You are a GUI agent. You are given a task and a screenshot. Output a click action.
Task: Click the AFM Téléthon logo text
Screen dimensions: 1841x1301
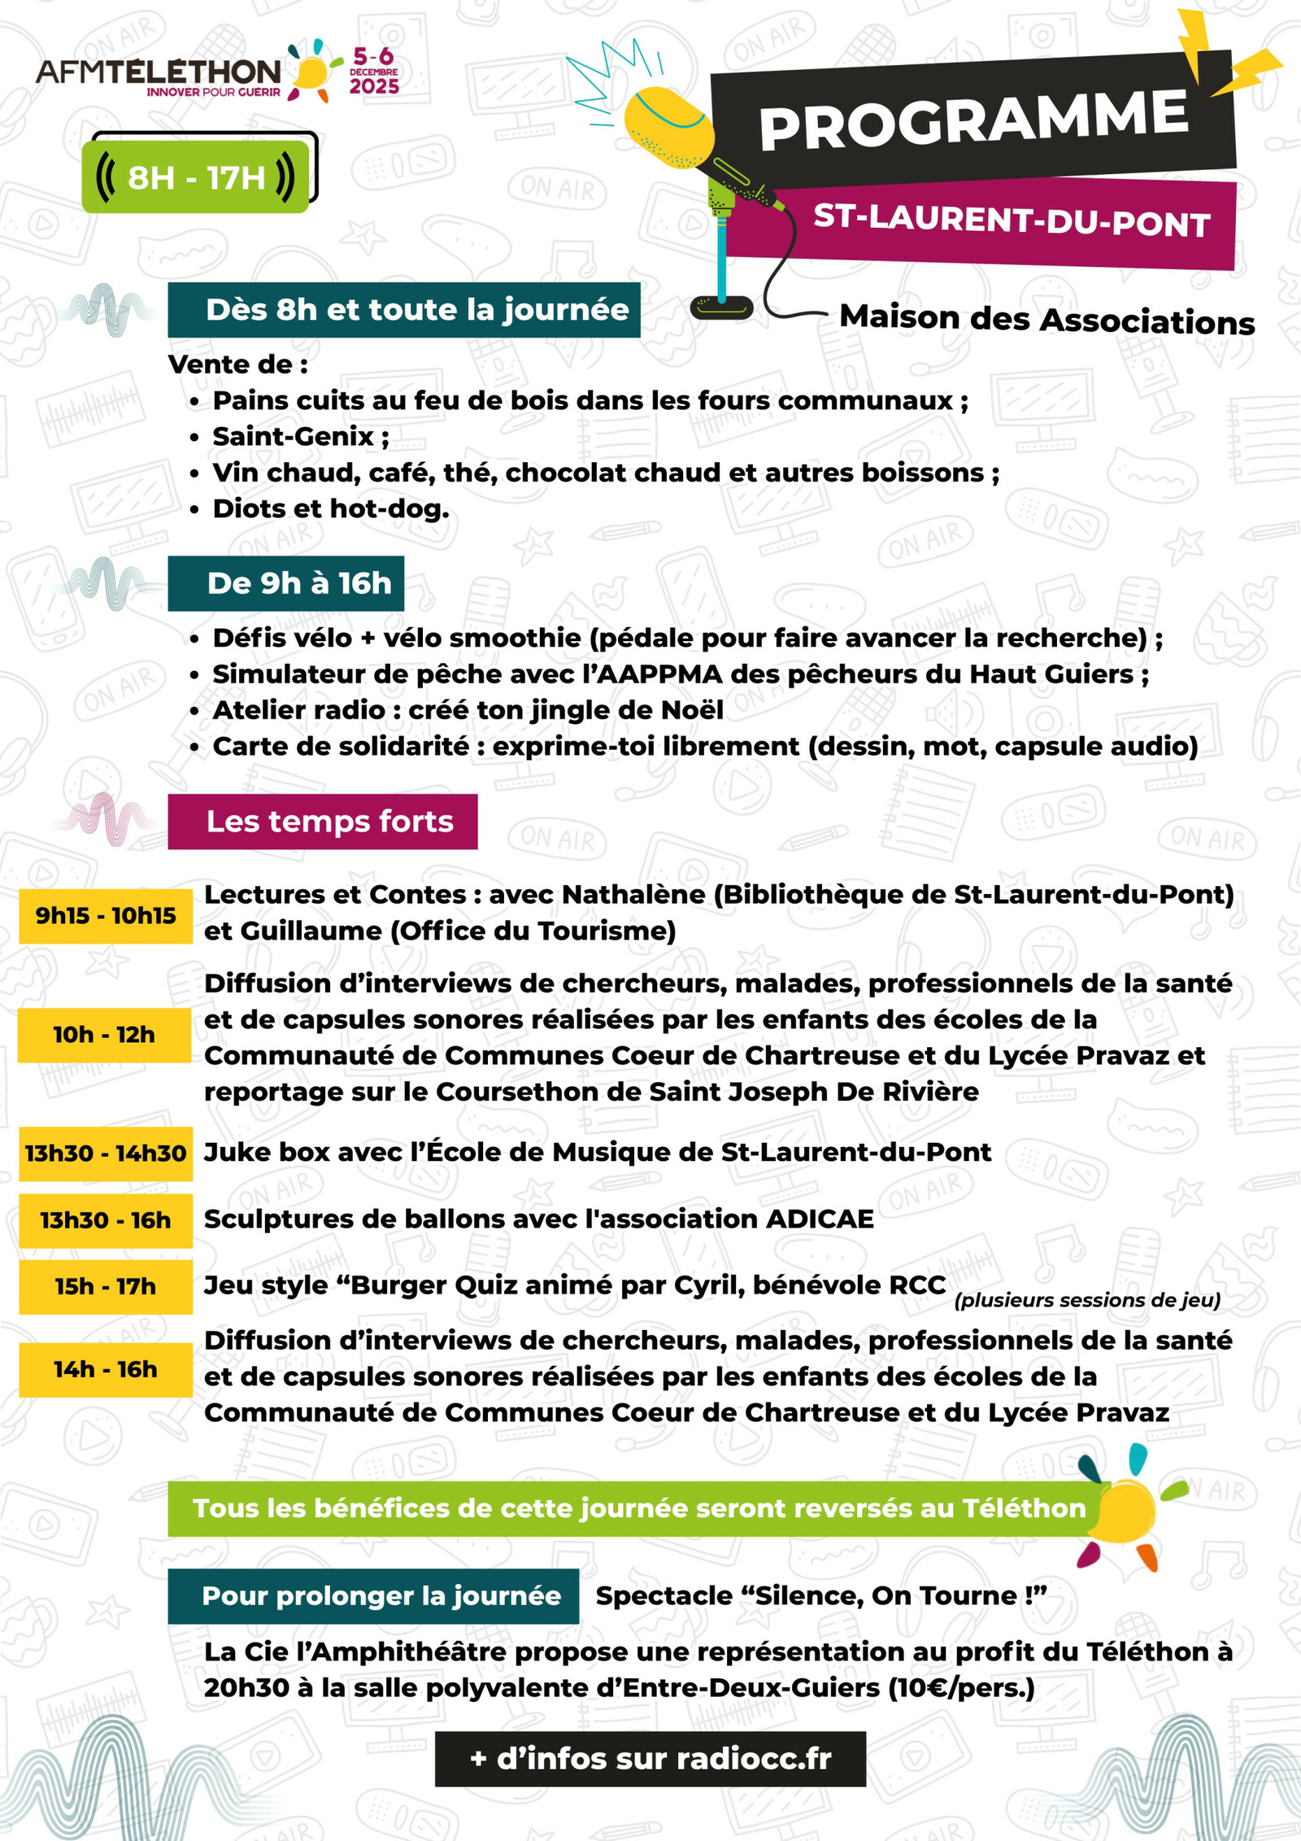(159, 72)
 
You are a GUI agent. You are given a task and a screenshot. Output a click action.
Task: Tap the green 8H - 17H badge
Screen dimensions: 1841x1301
(195, 177)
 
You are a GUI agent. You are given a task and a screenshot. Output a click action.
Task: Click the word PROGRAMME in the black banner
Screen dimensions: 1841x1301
(972, 119)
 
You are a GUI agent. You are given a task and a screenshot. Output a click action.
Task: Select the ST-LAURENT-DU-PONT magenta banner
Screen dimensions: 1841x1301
(1012, 220)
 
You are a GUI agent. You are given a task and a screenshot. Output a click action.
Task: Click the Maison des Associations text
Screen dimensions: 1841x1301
(1046, 320)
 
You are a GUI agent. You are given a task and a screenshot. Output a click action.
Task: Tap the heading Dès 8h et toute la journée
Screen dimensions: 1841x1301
(404, 310)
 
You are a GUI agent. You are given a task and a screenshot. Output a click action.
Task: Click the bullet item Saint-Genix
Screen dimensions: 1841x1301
(293, 437)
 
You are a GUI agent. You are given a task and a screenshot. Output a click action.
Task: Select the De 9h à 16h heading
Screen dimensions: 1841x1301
(286, 583)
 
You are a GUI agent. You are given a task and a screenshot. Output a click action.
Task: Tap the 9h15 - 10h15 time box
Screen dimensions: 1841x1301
(106, 916)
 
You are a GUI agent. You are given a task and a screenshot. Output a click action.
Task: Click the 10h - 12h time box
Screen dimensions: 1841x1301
(104, 1035)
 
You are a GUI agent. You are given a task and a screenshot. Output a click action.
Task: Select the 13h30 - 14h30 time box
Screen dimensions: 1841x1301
(106, 1154)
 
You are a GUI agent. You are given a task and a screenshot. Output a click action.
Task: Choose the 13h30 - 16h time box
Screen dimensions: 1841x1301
(106, 1220)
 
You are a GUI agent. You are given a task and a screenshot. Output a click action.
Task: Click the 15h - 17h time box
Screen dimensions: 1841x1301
(106, 1287)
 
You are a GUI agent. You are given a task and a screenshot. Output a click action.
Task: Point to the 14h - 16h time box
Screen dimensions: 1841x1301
(106, 1370)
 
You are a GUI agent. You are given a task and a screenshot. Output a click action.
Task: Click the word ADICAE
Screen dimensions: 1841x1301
(820, 1219)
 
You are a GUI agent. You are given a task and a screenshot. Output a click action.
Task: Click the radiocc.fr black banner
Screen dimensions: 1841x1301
(650, 1759)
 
